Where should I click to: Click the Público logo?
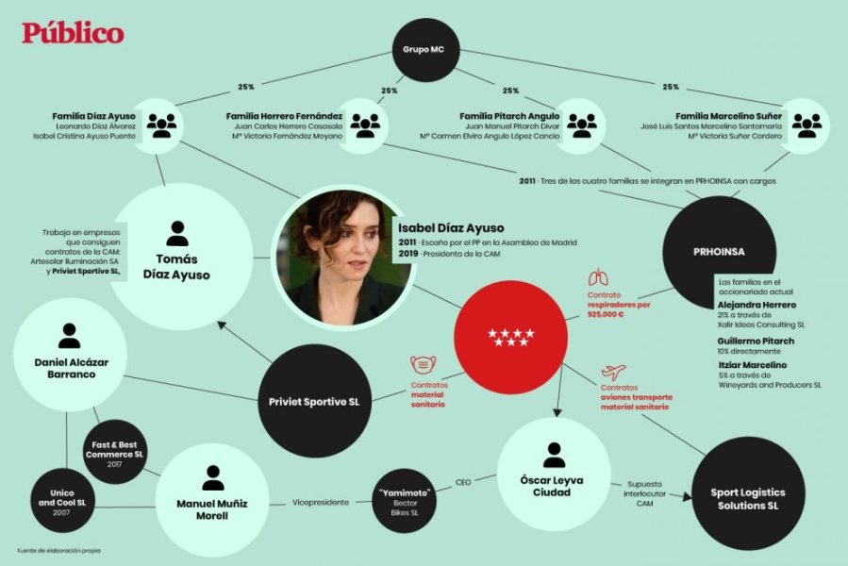[x=73, y=33]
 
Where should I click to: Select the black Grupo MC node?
[x=424, y=49]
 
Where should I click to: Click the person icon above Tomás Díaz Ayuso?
[x=175, y=233]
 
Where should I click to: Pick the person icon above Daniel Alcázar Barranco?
[x=69, y=335]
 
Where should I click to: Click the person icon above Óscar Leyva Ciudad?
[x=554, y=454]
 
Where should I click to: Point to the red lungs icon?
[x=597, y=277]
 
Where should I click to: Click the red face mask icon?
[x=422, y=366]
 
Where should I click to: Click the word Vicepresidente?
[x=320, y=502]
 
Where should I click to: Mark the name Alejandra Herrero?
[x=757, y=305]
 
